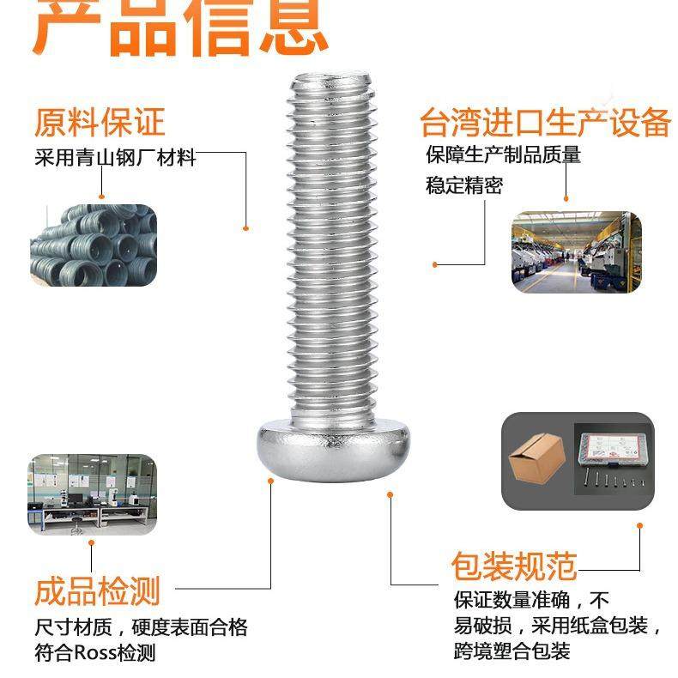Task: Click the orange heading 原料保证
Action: pyautogui.click(x=99, y=122)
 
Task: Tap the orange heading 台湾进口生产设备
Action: pyautogui.click(x=545, y=123)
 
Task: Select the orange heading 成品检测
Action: pyautogui.click(x=97, y=591)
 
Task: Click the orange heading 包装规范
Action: pyautogui.click(x=514, y=566)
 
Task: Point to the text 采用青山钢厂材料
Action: pyautogui.click(x=115, y=158)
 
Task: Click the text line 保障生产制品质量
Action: pyautogui.click(x=503, y=155)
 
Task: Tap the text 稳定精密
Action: pyautogui.click(x=463, y=185)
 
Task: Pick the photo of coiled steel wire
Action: pyautogui.click(x=94, y=246)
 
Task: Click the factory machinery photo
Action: pyautogui.click(x=576, y=251)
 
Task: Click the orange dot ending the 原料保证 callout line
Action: pyautogui.click(x=245, y=228)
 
